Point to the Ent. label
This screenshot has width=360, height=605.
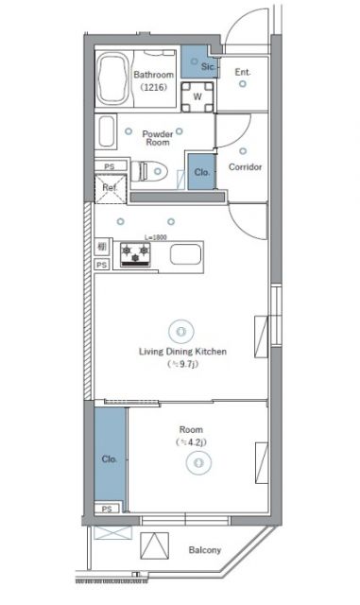[x=243, y=72]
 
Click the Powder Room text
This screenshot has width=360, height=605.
[x=157, y=138]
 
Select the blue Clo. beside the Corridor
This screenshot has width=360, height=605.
[x=201, y=173]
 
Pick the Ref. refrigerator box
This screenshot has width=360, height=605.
[x=110, y=188]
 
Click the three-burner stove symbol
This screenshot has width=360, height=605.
[x=135, y=253]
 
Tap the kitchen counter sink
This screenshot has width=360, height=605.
[x=184, y=254]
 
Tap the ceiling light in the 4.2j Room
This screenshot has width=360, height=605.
[x=197, y=462]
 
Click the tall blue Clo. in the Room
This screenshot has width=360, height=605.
[x=110, y=459]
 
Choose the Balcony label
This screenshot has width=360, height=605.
[x=204, y=550]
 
